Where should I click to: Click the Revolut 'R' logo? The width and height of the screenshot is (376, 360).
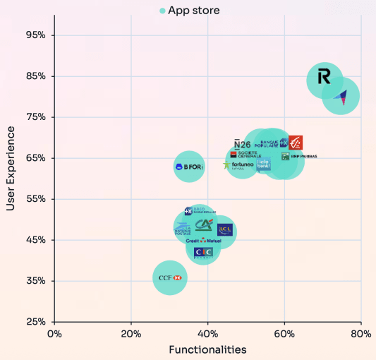click(324, 77)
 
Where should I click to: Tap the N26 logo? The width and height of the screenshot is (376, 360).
click(242, 144)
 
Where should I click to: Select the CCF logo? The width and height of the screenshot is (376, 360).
click(170, 278)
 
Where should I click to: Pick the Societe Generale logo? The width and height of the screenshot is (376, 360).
click(246, 154)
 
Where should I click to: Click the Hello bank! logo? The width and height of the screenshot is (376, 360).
click(263, 164)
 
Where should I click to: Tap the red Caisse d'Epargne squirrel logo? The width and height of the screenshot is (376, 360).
click(295, 143)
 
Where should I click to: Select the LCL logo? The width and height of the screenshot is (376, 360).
click(225, 229)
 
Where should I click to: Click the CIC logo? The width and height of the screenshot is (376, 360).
click(203, 253)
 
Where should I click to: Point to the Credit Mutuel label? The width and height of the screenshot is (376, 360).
click(203, 241)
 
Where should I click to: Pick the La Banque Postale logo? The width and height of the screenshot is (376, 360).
click(183, 228)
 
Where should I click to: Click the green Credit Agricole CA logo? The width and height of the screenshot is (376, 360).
click(204, 225)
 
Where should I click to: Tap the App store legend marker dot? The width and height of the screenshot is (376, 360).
click(162, 11)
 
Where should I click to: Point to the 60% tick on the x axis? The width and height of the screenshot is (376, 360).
click(284, 333)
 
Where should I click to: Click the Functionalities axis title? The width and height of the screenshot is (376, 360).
click(207, 349)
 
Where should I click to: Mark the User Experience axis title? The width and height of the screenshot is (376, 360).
click(11, 168)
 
